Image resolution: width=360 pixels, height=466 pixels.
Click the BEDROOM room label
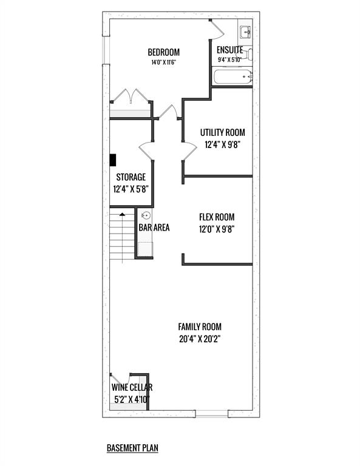(x=163, y=52)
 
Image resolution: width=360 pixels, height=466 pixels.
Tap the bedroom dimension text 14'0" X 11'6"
(x=164, y=62)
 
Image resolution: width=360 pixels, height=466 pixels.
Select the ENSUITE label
(x=230, y=50)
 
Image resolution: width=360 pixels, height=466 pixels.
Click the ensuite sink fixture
(x=245, y=32)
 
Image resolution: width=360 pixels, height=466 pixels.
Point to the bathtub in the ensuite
(x=232, y=76)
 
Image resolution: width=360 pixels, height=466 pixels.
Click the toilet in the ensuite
(x=249, y=55)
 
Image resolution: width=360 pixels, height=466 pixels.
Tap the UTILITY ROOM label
(x=222, y=132)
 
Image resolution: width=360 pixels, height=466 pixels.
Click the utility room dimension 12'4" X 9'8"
(x=222, y=145)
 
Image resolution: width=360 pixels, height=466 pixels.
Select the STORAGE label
(x=131, y=177)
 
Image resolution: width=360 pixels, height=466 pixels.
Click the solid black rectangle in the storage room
(x=113, y=160)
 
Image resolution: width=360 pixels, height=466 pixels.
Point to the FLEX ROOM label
(x=217, y=217)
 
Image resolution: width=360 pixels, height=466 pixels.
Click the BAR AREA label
(x=154, y=228)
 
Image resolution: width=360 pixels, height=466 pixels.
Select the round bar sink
(x=146, y=215)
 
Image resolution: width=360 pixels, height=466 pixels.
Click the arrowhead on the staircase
(x=122, y=214)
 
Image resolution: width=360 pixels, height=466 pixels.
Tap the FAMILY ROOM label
(x=200, y=327)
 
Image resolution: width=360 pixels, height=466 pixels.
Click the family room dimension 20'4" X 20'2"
(x=200, y=339)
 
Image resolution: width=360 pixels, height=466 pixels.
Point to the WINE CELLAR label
(x=132, y=387)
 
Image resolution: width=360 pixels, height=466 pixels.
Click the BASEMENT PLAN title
(x=132, y=448)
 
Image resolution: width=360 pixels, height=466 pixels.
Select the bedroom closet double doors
(x=131, y=96)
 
